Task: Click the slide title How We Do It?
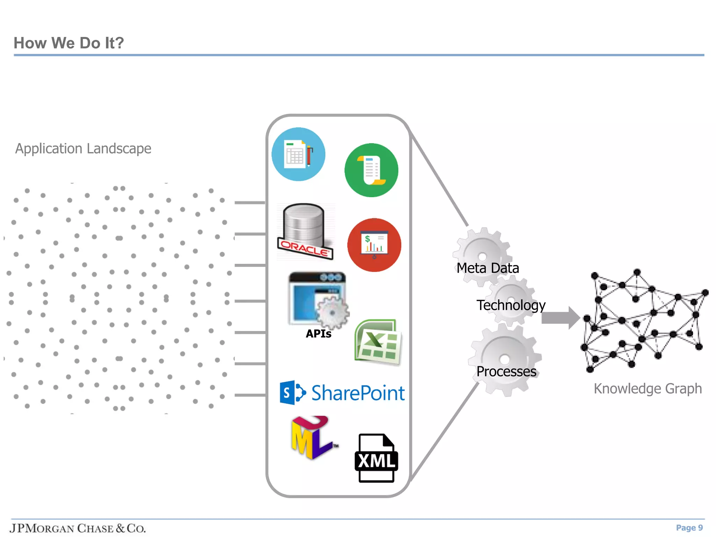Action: coord(69,43)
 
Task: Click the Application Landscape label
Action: coord(83,149)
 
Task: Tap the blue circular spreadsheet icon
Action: coord(298,154)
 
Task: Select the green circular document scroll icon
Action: coord(371,170)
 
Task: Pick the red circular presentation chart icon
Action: coord(374,245)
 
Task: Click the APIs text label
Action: coord(318,334)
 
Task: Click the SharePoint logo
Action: coord(342,393)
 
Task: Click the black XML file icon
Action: coord(376,458)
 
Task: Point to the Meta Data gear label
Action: coord(488,268)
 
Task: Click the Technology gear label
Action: coord(511,305)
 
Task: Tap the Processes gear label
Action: coord(506,371)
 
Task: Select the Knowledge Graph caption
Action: coord(647,388)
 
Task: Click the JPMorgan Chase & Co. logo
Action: coord(78,528)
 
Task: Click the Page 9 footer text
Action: coord(689,528)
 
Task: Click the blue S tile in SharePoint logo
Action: coord(287,393)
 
